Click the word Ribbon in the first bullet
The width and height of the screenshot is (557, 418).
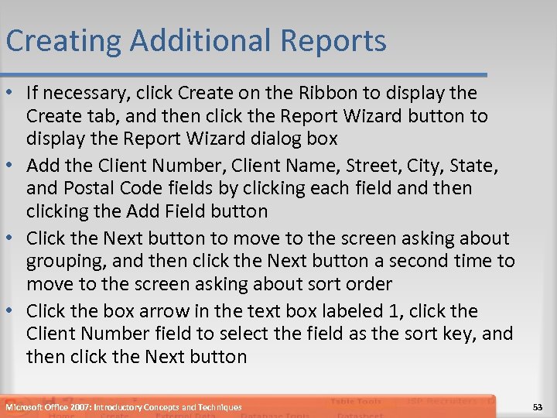(340, 94)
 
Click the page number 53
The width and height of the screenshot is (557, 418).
(538, 407)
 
